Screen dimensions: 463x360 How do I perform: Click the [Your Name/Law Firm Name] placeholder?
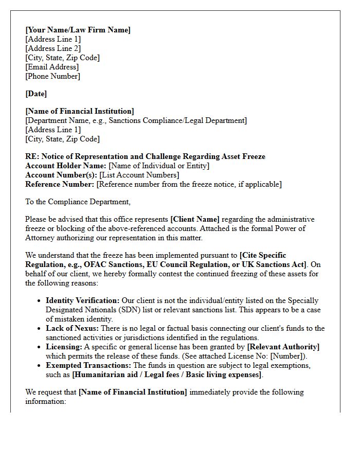(x=78, y=30)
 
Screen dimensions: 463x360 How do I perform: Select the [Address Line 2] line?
(x=53, y=48)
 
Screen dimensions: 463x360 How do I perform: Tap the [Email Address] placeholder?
(x=52, y=67)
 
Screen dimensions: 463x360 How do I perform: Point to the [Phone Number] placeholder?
(x=53, y=76)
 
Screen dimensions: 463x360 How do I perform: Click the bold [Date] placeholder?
(x=36, y=94)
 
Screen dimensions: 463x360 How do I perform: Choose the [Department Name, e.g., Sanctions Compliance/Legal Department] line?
(x=136, y=120)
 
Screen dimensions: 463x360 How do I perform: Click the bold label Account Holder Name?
(x=65, y=166)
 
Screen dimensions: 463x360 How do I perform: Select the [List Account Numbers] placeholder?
(x=139, y=175)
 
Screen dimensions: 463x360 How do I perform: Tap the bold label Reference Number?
(x=60, y=184)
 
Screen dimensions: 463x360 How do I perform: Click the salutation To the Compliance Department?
(x=78, y=202)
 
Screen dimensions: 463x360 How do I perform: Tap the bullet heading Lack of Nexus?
(x=71, y=328)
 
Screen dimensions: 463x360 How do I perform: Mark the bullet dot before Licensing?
(x=40, y=347)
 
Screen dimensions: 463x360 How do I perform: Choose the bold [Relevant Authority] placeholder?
(x=283, y=347)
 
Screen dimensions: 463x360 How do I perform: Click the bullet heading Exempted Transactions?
(x=88, y=365)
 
